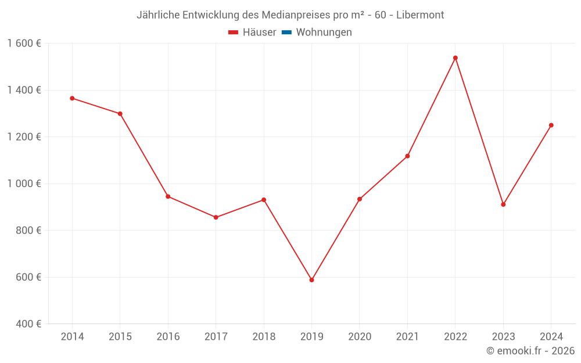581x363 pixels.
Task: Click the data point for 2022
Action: click(x=455, y=57)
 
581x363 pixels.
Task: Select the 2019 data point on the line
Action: click(x=311, y=280)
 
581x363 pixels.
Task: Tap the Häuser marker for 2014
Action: click(x=72, y=98)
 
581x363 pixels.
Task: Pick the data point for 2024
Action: click(x=551, y=125)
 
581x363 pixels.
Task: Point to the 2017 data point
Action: click(x=216, y=217)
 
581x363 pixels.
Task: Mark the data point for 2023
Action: click(x=503, y=204)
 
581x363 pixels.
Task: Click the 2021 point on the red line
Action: click(x=407, y=156)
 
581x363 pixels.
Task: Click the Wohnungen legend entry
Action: click(x=324, y=33)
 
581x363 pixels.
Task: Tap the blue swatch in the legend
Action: click(x=286, y=33)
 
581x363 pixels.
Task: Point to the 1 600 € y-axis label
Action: click(x=24, y=43)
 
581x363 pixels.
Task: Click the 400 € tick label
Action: click(x=28, y=324)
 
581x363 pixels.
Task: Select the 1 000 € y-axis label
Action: click(x=24, y=184)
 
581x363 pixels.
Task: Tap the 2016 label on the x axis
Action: click(x=168, y=337)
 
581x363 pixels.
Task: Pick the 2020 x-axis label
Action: click(x=359, y=337)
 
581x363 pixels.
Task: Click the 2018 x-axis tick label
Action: click(x=264, y=337)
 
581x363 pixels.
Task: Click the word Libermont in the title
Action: click(x=420, y=15)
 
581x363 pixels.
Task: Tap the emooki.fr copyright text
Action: click(x=530, y=351)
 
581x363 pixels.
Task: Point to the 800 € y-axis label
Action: click(x=28, y=230)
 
